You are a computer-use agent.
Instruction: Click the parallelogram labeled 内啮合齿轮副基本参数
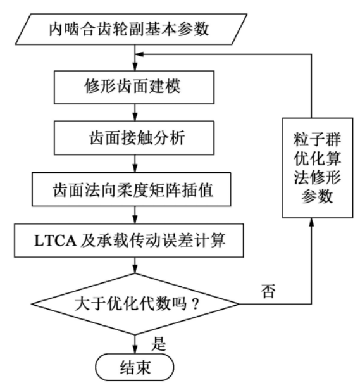click(x=132, y=29)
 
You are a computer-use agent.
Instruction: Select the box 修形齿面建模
click(x=134, y=87)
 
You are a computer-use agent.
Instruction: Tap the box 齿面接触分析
click(x=134, y=138)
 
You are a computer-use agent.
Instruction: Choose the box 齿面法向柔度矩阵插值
click(x=132, y=189)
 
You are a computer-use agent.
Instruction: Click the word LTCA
click(x=55, y=241)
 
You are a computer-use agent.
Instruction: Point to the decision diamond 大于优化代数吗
click(x=135, y=304)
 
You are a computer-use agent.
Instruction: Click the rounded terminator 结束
click(x=135, y=367)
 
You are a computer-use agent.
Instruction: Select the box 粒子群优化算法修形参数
click(x=318, y=168)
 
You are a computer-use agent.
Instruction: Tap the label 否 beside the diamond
click(x=268, y=291)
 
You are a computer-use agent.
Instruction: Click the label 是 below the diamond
click(x=159, y=344)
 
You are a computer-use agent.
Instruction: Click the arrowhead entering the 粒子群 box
click(x=311, y=222)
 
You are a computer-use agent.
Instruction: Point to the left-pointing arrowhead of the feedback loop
click(x=139, y=54)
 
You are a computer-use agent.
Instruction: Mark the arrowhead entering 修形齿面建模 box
click(x=135, y=66)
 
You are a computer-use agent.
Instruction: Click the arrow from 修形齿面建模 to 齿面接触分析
click(x=135, y=113)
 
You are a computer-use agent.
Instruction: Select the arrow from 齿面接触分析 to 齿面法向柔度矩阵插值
click(x=135, y=164)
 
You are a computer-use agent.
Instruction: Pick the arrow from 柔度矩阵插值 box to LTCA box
click(x=135, y=215)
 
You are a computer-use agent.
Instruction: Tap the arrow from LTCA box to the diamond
click(x=135, y=265)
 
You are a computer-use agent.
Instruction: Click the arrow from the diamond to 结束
click(x=135, y=344)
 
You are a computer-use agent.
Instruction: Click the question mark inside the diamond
click(x=195, y=305)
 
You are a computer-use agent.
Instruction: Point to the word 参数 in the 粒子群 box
click(x=317, y=196)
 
